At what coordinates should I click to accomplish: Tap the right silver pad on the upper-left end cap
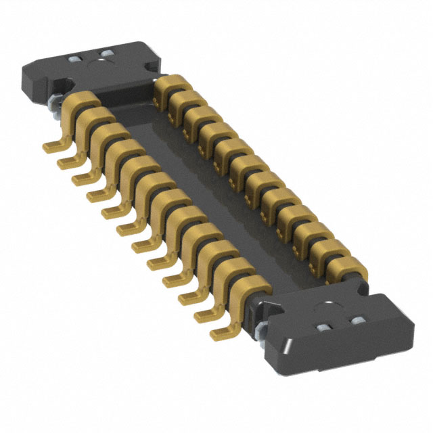107,53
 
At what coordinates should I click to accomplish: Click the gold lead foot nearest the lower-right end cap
220,334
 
